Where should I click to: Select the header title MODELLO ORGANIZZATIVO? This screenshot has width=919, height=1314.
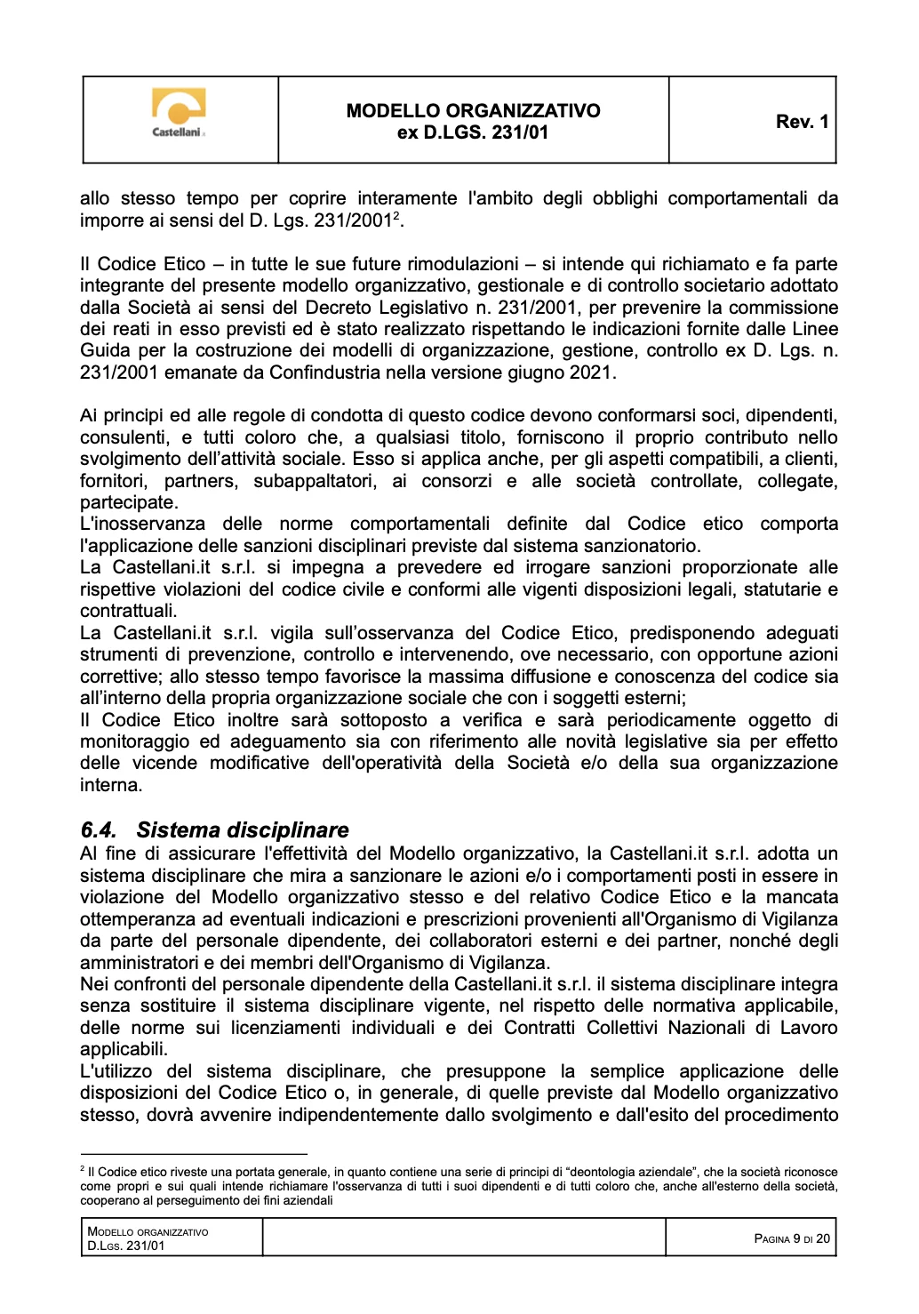point(473,111)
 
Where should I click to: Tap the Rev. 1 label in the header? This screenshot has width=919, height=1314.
point(802,122)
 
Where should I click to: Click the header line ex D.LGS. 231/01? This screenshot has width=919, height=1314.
point(473,132)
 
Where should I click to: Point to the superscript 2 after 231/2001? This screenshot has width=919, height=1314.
point(396,216)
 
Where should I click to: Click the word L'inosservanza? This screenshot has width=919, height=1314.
point(142,524)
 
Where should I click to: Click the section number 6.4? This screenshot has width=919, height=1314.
point(99,830)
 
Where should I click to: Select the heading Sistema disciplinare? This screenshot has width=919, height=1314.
point(243,830)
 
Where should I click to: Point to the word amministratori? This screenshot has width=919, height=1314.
point(138,963)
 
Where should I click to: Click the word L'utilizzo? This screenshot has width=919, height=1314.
point(117,1071)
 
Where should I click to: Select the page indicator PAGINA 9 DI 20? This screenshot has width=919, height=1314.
point(791,1238)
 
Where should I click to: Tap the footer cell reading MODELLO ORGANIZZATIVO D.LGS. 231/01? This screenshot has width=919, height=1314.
point(148,1238)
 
